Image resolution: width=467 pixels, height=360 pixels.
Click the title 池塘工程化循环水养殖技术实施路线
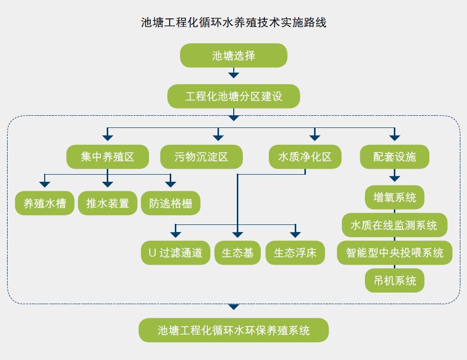(x=233, y=23)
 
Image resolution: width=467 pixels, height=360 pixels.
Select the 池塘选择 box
(x=234, y=55)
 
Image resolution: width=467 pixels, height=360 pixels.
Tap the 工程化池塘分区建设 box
(x=234, y=96)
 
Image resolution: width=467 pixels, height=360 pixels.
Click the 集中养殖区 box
(x=107, y=157)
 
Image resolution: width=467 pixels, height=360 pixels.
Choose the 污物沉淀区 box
(x=201, y=157)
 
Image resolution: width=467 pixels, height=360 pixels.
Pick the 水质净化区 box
(x=305, y=157)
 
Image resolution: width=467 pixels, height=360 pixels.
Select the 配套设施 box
(x=394, y=157)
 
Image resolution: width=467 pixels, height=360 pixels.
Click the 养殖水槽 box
(x=45, y=203)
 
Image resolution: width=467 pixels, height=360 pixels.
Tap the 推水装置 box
(x=107, y=203)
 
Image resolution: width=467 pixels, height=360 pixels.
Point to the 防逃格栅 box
(x=171, y=203)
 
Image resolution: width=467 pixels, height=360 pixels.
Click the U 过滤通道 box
(x=175, y=253)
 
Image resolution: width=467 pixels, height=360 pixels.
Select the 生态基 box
(x=237, y=253)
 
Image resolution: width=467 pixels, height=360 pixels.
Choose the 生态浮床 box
(x=295, y=253)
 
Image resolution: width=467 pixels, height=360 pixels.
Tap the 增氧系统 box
(x=394, y=197)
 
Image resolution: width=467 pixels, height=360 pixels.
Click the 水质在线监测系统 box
(x=394, y=225)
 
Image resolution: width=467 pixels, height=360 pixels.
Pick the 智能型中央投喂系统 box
(x=394, y=252)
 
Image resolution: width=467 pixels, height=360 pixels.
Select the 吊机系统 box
(x=394, y=280)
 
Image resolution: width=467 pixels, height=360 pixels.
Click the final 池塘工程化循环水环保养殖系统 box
(x=234, y=331)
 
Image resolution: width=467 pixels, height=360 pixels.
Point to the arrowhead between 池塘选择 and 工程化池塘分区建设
(x=234, y=75)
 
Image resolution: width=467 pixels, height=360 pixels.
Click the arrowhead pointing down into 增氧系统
(x=394, y=179)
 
